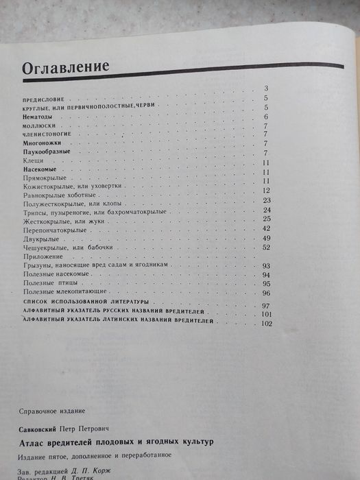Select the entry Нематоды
[x=38, y=117]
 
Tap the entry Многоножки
[x=41, y=140]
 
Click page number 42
[x=267, y=228]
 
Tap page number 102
[x=267, y=323]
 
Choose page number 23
[x=267, y=200]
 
